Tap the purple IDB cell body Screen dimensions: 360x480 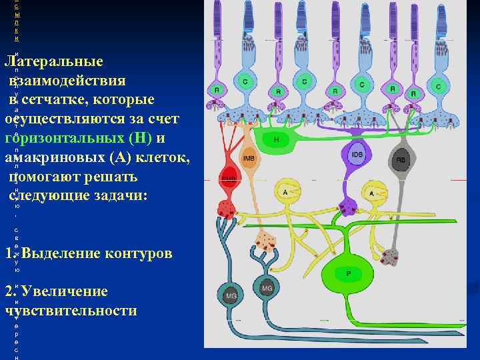[357, 154]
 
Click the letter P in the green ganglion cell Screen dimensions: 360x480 [347, 273]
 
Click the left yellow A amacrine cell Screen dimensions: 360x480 [286, 191]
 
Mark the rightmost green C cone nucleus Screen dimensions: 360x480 [438, 86]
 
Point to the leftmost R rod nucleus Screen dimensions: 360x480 [217, 90]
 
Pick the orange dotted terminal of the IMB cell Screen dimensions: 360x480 [267, 241]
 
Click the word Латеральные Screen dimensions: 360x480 [55, 62]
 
